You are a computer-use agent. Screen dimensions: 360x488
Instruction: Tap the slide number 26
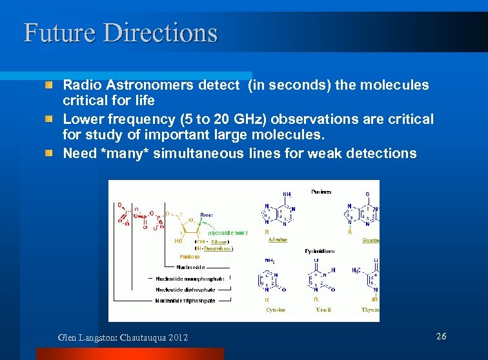click(442, 336)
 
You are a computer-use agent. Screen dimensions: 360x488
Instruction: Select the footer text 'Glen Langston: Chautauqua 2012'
click(123, 337)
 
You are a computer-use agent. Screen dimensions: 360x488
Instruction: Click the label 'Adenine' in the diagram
click(278, 240)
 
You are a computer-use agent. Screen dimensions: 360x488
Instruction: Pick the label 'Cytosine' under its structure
click(276, 310)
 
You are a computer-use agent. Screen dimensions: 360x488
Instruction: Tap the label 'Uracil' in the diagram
click(323, 310)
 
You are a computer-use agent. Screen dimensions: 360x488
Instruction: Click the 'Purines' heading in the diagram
click(321, 192)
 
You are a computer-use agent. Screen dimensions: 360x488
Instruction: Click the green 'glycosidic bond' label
click(227, 232)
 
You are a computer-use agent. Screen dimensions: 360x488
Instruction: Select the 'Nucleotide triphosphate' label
click(185, 300)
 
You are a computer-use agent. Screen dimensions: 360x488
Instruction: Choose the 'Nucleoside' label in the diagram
click(192, 266)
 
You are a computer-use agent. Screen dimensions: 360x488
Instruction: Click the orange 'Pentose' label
click(181, 256)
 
